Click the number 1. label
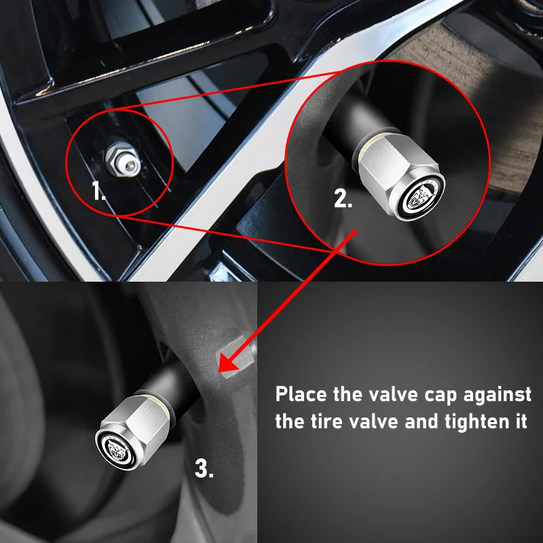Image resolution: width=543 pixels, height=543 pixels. [x=100, y=193]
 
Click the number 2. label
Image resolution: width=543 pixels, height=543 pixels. [x=343, y=200]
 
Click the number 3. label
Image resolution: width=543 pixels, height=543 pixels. [x=204, y=468]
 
